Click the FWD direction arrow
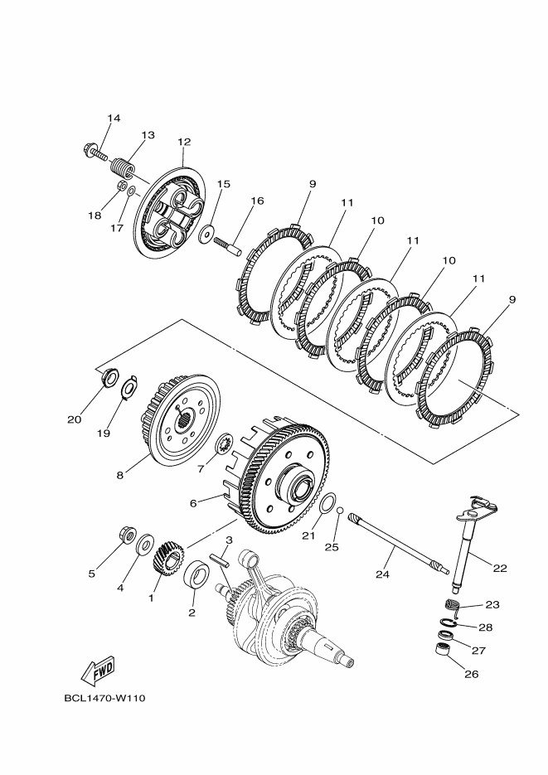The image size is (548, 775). pyautogui.click(x=97, y=669)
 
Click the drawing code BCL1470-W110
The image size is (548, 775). pyautogui.click(x=104, y=698)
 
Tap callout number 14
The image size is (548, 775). pyautogui.click(x=114, y=119)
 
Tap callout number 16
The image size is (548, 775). pyautogui.click(x=257, y=201)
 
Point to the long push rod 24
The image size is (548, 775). pyautogui.click(x=396, y=544)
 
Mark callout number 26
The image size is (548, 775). pyautogui.click(x=471, y=674)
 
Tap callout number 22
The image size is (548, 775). pyautogui.click(x=500, y=569)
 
